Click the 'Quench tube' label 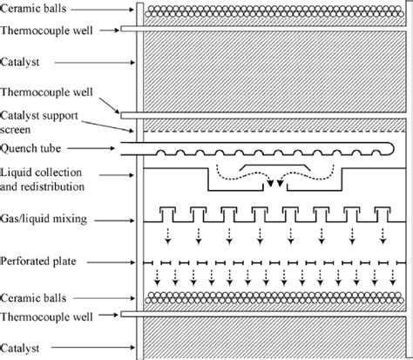coord(29,147)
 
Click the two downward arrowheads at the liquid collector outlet coord(274,184)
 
